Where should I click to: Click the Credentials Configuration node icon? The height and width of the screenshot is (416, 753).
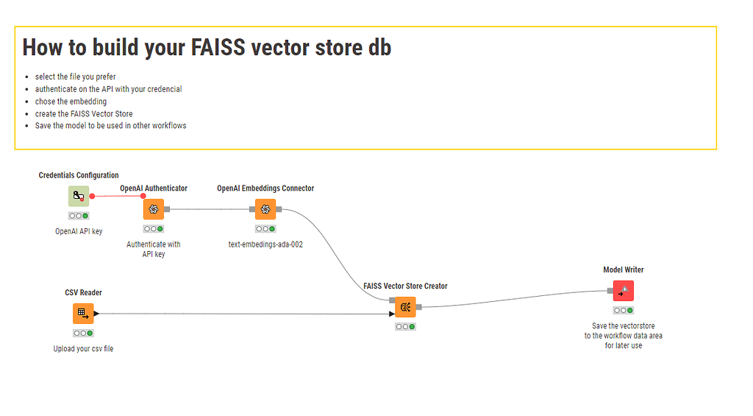79,197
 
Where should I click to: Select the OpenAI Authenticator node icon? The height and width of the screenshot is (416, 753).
154,209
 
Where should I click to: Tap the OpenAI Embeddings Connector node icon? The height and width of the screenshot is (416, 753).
265,209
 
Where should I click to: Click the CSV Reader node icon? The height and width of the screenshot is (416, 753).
83,314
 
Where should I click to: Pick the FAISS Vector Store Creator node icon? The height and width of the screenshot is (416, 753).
405,307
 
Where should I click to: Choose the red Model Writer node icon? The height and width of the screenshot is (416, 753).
623,291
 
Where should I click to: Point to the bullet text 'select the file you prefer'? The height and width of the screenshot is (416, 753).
75,77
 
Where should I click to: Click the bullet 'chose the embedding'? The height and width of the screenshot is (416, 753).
71,102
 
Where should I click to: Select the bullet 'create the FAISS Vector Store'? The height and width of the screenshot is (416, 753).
84,113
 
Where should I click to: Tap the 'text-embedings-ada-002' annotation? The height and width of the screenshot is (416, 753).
265,244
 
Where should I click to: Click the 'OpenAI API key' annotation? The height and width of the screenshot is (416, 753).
79,231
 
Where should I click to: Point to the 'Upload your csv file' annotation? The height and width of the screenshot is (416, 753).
83,348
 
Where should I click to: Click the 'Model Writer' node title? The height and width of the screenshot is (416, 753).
623,269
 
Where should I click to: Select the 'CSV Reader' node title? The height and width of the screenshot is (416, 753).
83,292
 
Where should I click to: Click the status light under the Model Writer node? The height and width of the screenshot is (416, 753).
623,310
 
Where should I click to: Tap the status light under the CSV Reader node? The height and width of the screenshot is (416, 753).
83,333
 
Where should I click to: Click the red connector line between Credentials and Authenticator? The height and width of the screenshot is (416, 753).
118,197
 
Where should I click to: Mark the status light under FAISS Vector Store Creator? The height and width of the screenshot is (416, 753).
405,326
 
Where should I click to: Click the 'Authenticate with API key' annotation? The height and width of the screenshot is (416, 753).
154,249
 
